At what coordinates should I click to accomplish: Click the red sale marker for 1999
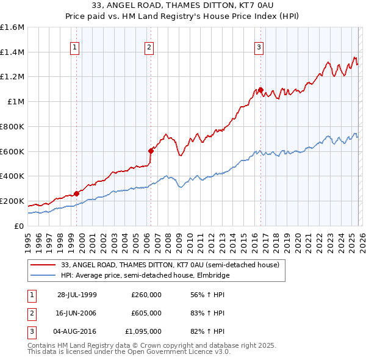pos(77,193)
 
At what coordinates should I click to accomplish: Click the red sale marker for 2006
pos(151,150)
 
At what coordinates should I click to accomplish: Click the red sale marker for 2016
pos(260,90)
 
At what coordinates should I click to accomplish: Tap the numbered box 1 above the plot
pos(74,46)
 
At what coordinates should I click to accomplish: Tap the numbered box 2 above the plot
pos(149,46)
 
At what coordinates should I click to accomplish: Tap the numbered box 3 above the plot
pos(259,46)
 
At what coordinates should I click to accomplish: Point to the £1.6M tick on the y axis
pos(12,27)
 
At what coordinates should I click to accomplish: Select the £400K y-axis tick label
pos(12,176)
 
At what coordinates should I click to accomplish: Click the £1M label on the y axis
pos(16,102)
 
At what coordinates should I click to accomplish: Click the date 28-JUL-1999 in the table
pos(77,295)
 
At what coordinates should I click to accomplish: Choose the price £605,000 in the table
pos(146,313)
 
